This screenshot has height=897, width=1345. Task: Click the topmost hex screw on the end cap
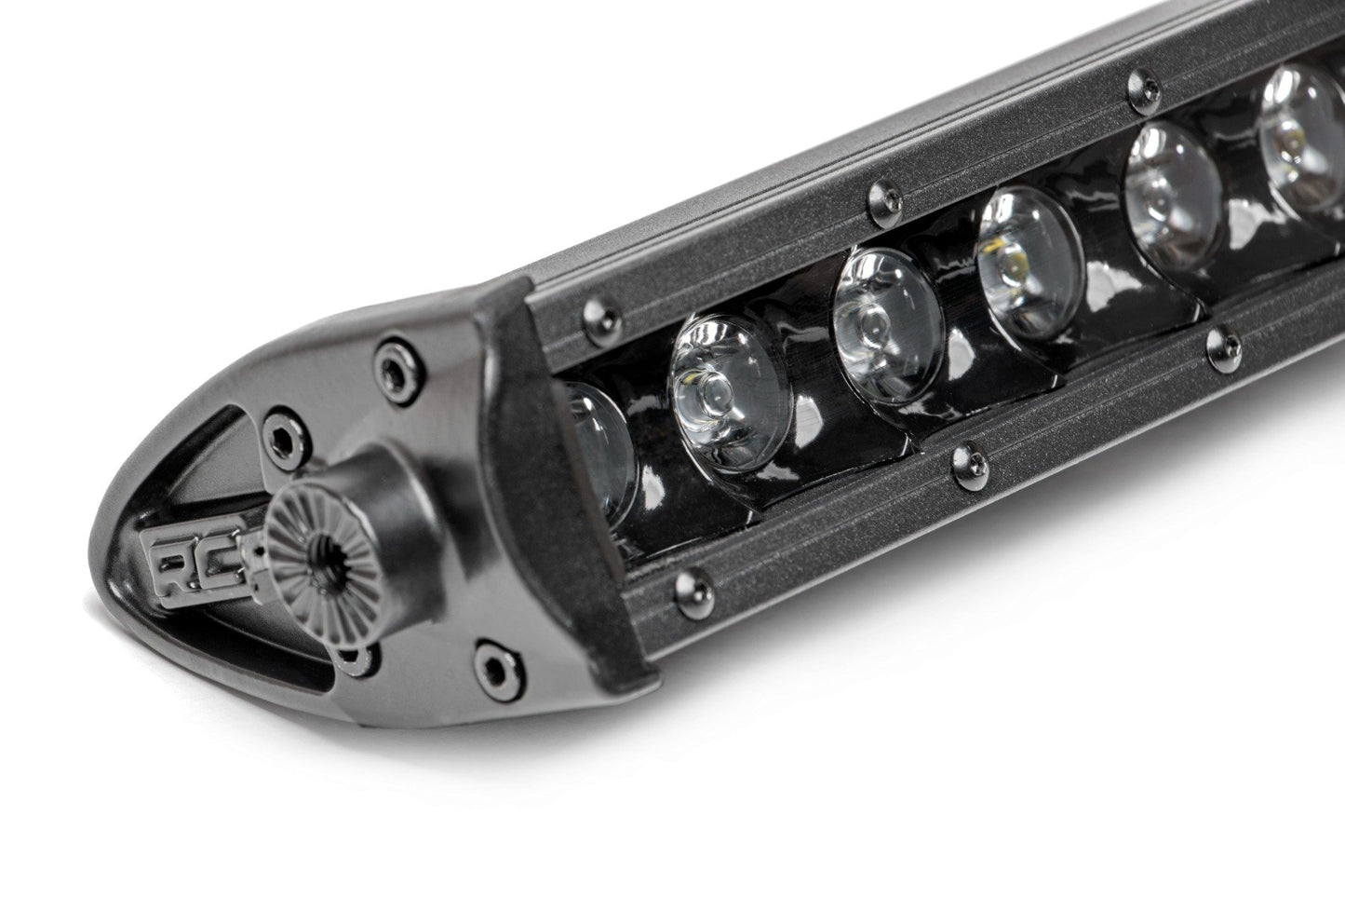click(x=385, y=360)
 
